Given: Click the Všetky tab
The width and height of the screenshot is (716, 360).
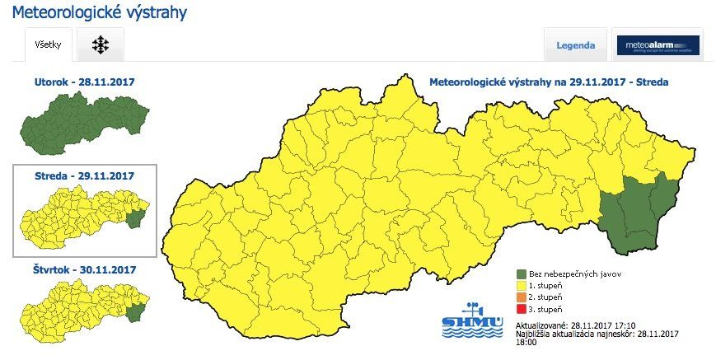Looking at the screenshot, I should pos(48,45).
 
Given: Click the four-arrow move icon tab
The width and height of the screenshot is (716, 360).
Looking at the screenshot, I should pos(101,45).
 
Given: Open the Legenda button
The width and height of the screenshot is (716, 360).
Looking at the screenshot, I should pos(576,45).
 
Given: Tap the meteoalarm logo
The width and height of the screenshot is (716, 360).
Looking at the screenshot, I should pos(658,46).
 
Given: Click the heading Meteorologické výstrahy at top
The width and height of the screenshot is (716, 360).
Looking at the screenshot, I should pos(99,13).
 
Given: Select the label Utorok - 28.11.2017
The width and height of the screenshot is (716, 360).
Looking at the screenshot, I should pos(84,82).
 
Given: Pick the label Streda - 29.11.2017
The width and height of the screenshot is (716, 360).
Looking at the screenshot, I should pos(85,175).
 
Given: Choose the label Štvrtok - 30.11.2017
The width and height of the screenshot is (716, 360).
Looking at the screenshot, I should pos(84,269).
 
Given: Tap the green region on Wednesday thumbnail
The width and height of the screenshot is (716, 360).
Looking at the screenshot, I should pos(136,218).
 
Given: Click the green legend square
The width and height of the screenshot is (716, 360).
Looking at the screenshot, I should pos(522,274).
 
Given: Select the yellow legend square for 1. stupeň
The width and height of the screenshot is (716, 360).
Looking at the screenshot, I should pos(522,285).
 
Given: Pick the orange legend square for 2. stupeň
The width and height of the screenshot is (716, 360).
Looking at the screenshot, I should pos(522,297).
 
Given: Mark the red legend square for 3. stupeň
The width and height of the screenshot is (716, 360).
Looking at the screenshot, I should pos(522,309).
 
